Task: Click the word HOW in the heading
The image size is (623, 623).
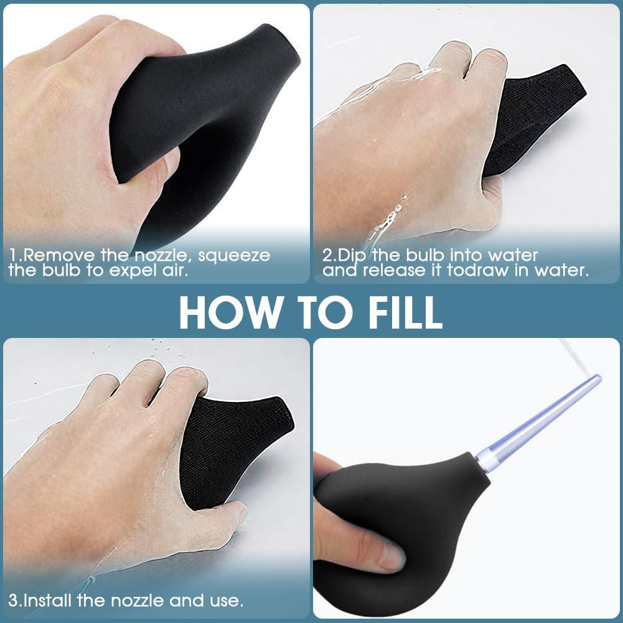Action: (229, 312)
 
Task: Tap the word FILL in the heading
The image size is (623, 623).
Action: (405, 312)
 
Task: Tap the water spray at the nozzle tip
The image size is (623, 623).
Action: (576, 358)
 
